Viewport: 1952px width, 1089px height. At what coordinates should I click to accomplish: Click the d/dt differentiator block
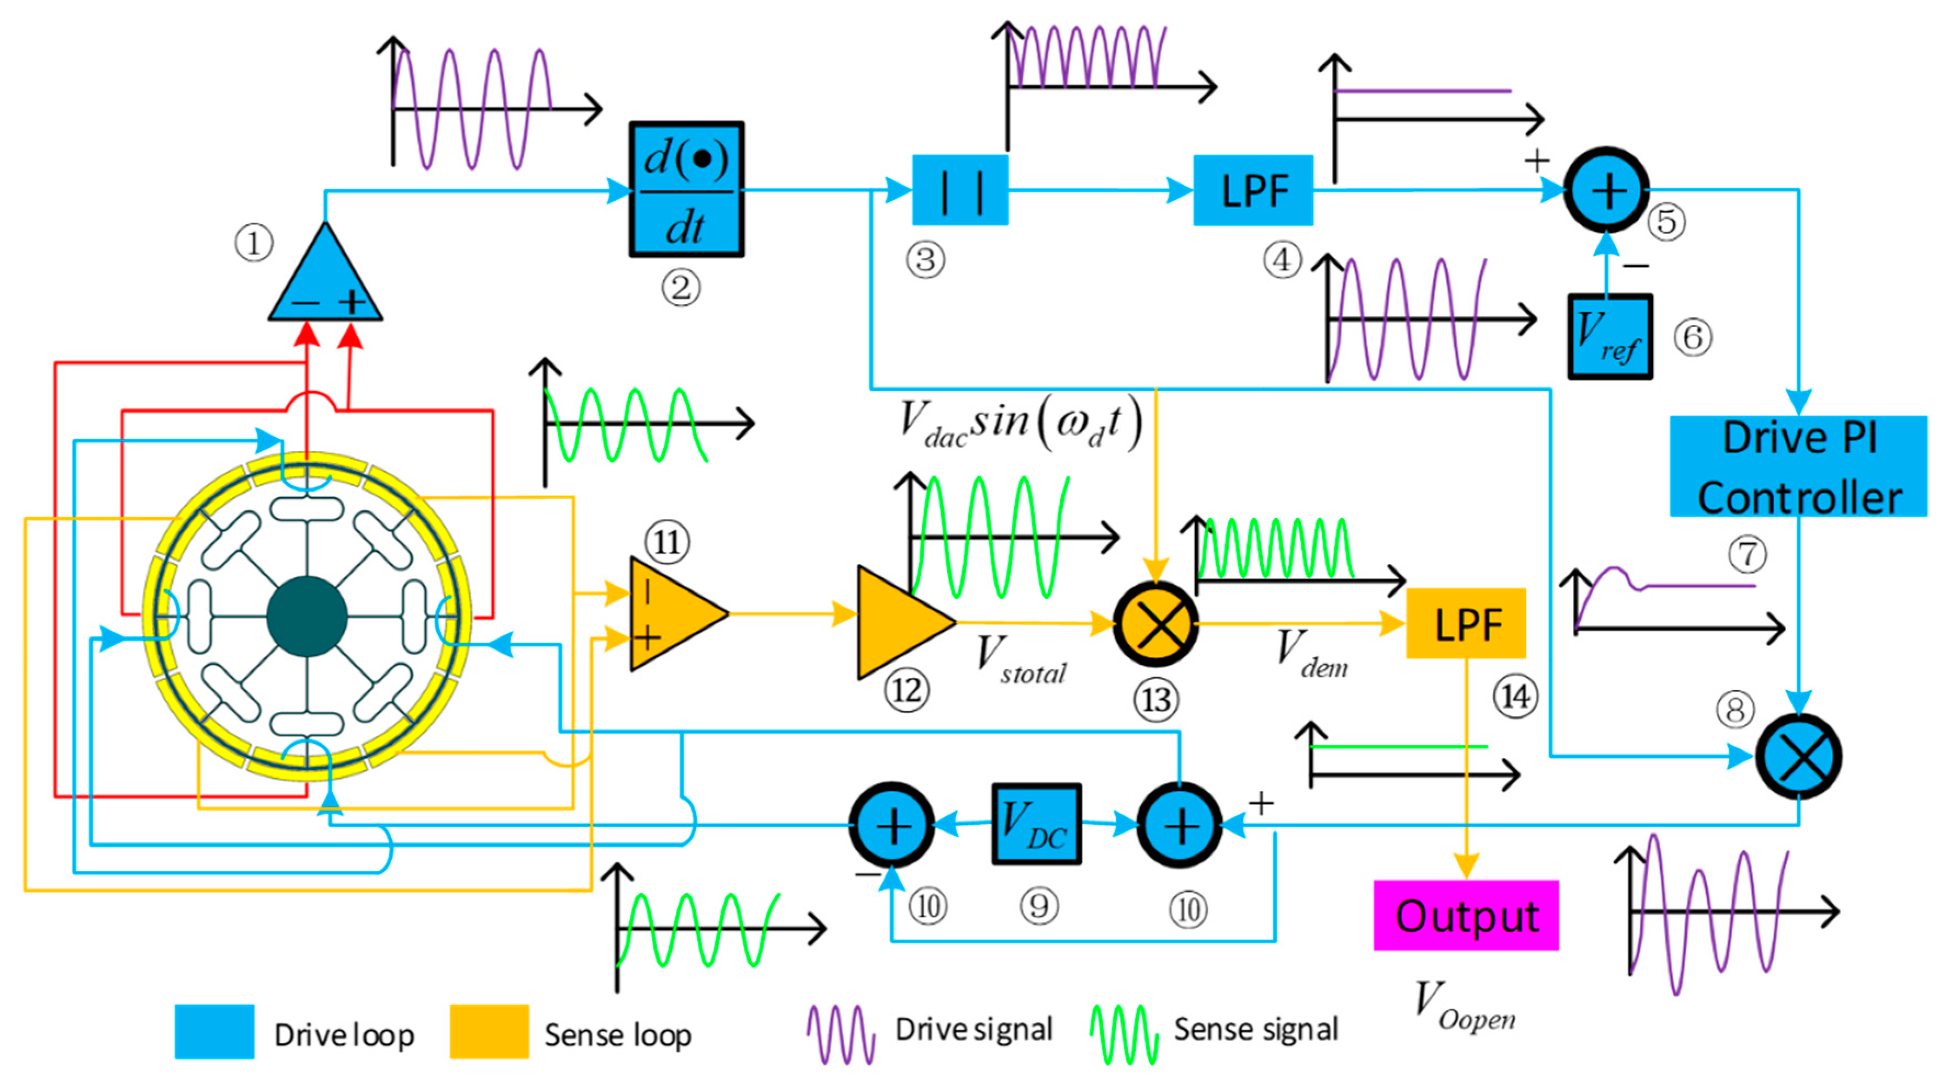click(686, 190)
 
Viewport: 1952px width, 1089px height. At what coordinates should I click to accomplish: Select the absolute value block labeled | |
click(959, 190)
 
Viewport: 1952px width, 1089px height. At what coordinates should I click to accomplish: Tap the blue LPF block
click(1253, 190)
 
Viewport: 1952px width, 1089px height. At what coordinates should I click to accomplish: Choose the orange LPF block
click(1466, 623)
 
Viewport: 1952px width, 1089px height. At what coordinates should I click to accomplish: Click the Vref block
click(1609, 337)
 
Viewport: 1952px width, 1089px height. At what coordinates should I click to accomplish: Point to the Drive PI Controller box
click(1798, 466)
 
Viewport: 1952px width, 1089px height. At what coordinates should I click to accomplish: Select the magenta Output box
click(1466, 915)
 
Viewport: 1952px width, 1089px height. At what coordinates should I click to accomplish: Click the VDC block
click(1036, 824)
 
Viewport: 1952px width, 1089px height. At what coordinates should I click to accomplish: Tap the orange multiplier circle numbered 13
click(1156, 624)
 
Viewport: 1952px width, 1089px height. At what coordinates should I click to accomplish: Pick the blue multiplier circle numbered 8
click(1799, 756)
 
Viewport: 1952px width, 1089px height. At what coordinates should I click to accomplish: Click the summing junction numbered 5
click(1607, 190)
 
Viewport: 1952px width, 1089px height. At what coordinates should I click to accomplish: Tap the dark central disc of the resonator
click(307, 616)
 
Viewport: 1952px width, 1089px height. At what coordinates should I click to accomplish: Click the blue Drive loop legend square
click(214, 1031)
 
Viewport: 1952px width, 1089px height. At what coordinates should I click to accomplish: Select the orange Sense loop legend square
click(489, 1031)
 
